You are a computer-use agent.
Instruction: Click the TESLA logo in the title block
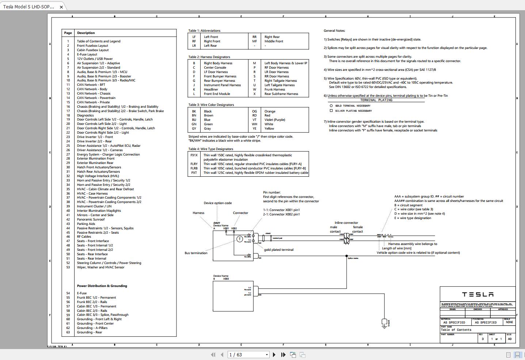tap(478, 295)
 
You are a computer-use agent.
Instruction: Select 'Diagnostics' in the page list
tap(85, 115)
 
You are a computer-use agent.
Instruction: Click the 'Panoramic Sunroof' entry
tap(91, 219)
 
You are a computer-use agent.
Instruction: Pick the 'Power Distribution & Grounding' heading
tap(102, 286)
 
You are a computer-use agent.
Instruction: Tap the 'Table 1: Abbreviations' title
tap(204, 31)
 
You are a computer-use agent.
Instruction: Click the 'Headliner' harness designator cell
tap(211, 89)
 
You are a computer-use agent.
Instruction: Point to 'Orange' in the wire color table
tap(270, 111)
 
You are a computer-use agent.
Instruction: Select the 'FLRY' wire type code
tap(194, 164)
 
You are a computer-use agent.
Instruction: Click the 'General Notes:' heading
tap(334, 31)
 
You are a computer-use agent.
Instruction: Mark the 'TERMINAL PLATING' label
tap(376, 100)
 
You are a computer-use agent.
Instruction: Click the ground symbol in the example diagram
tap(384, 323)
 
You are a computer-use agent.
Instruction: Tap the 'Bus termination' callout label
tap(196, 253)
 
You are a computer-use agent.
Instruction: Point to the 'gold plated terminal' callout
tap(278, 250)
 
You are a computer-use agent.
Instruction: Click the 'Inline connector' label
tap(346, 223)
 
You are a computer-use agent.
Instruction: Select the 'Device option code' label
tap(217, 203)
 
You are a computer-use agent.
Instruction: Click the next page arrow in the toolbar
tap(274, 355)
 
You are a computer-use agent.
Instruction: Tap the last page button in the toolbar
tap(283, 355)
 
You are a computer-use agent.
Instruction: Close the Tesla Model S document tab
tap(61, 7)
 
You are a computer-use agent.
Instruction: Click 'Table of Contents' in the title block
tap(456, 330)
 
